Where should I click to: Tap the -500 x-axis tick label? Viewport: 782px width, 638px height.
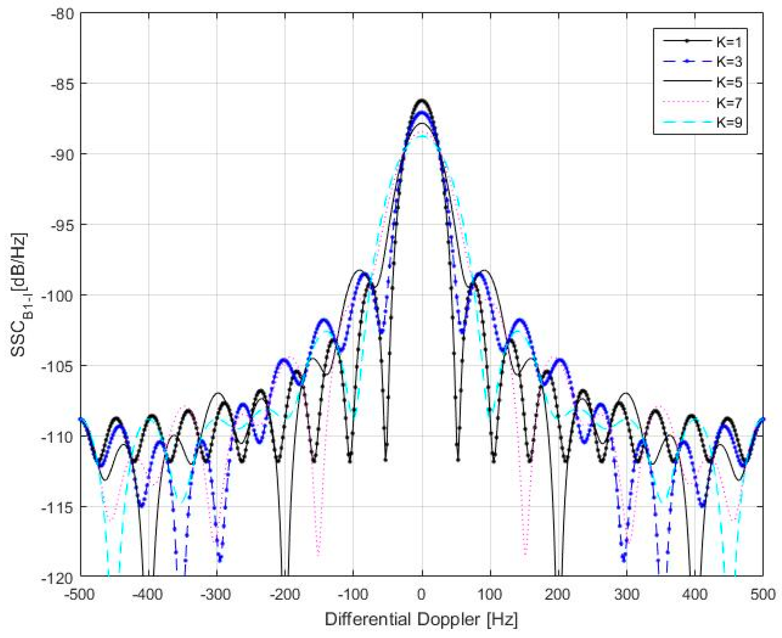pyautogui.click(x=80, y=595)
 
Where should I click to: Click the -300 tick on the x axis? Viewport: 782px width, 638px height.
pyautogui.click(x=216, y=595)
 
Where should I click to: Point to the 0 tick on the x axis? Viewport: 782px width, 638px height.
pyautogui.click(x=422, y=595)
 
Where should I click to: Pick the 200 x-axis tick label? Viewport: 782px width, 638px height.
pyautogui.click(x=558, y=595)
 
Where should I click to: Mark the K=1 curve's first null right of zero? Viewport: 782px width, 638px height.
pyautogui.click(x=458, y=459)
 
